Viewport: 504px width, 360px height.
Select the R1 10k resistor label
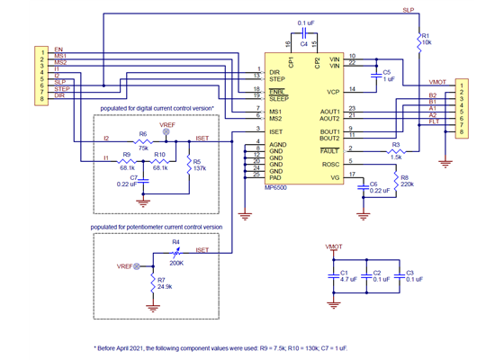(426, 39)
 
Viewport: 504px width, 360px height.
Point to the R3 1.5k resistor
(394, 150)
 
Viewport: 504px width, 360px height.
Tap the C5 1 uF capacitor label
(387, 76)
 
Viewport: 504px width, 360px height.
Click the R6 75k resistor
(142, 140)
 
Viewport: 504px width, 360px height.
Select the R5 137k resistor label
(199, 165)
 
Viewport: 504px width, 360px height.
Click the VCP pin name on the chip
(333, 90)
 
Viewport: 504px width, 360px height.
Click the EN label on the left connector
(58, 49)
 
